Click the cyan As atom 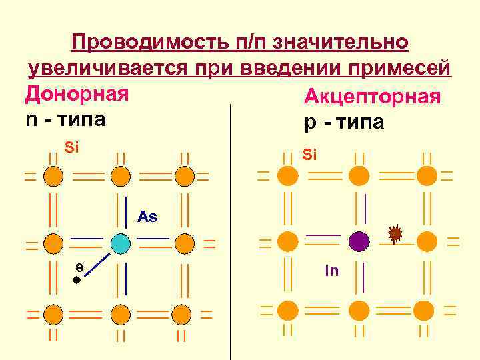point(120,243)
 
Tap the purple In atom point(359,241)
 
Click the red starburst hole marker point(395,233)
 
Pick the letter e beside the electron point(79,266)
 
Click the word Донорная point(77,94)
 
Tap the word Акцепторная point(372,98)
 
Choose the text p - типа point(344,124)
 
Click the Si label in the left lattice point(71,147)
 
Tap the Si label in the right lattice point(309,155)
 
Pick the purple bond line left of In point(323,235)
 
